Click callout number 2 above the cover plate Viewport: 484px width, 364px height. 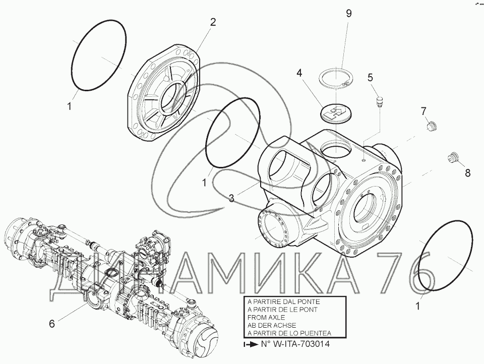tap(213, 22)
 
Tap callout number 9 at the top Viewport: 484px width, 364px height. tap(349, 14)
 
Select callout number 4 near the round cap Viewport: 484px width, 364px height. tap(299, 73)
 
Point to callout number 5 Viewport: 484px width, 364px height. tap(371, 77)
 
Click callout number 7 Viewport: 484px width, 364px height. tap(423, 111)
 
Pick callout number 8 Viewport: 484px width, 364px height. tap(468, 173)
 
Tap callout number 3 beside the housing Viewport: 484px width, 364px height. tap(231, 198)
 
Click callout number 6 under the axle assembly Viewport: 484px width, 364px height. tap(52, 324)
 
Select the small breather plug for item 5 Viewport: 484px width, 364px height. tap(379, 101)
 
